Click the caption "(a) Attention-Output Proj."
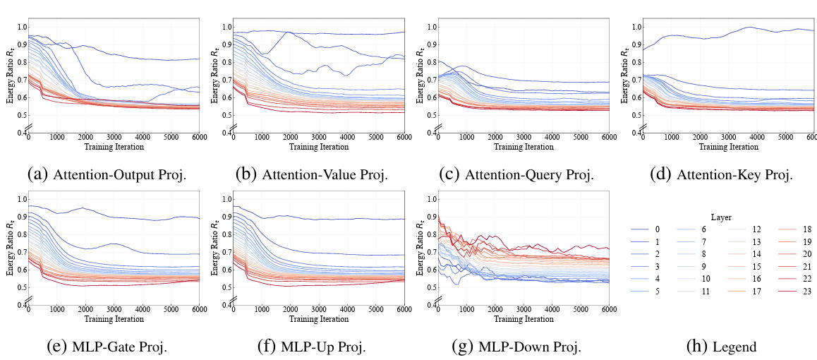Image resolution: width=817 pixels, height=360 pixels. tap(107, 175)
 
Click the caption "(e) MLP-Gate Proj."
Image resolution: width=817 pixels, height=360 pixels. tap(107, 347)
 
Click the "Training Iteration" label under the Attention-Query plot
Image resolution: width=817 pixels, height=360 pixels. tap(523, 147)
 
